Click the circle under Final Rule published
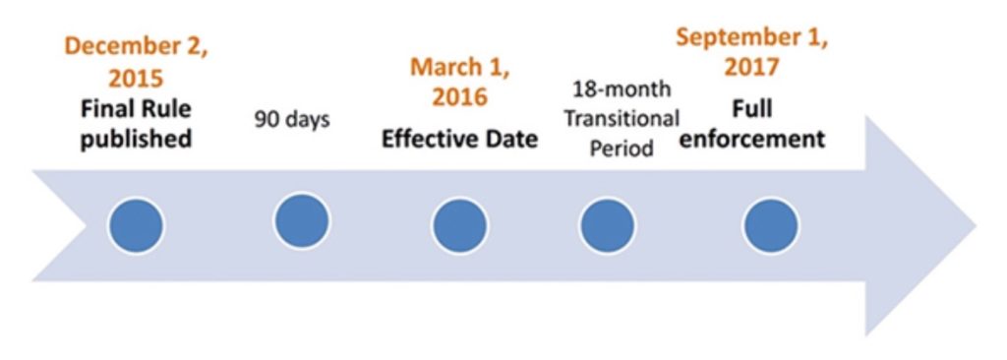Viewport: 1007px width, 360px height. click(136, 226)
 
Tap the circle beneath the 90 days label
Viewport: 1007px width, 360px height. click(302, 221)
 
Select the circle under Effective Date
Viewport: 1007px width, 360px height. click(459, 226)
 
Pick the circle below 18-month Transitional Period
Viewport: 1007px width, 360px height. click(608, 225)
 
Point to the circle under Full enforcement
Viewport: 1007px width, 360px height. click(771, 226)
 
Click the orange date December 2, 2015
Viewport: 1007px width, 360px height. click(136, 62)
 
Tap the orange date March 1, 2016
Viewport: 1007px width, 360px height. click(460, 81)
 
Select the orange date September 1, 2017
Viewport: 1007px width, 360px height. click(751, 51)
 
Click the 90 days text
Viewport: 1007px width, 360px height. click(292, 120)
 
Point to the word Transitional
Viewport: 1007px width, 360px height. click(621, 118)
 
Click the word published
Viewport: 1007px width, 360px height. click(136, 139)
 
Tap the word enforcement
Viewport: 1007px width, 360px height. click(751, 139)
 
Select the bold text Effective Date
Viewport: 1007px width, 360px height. click(460, 140)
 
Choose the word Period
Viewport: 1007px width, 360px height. click(622, 148)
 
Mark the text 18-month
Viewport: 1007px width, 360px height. click(622, 89)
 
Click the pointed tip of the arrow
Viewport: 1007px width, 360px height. click(977, 225)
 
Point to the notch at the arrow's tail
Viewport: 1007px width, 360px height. click(87, 225)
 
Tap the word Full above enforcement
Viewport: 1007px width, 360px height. click(752, 109)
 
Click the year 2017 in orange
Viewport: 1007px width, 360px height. click(751, 66)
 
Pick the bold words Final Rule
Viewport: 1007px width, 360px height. click(136, 109)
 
